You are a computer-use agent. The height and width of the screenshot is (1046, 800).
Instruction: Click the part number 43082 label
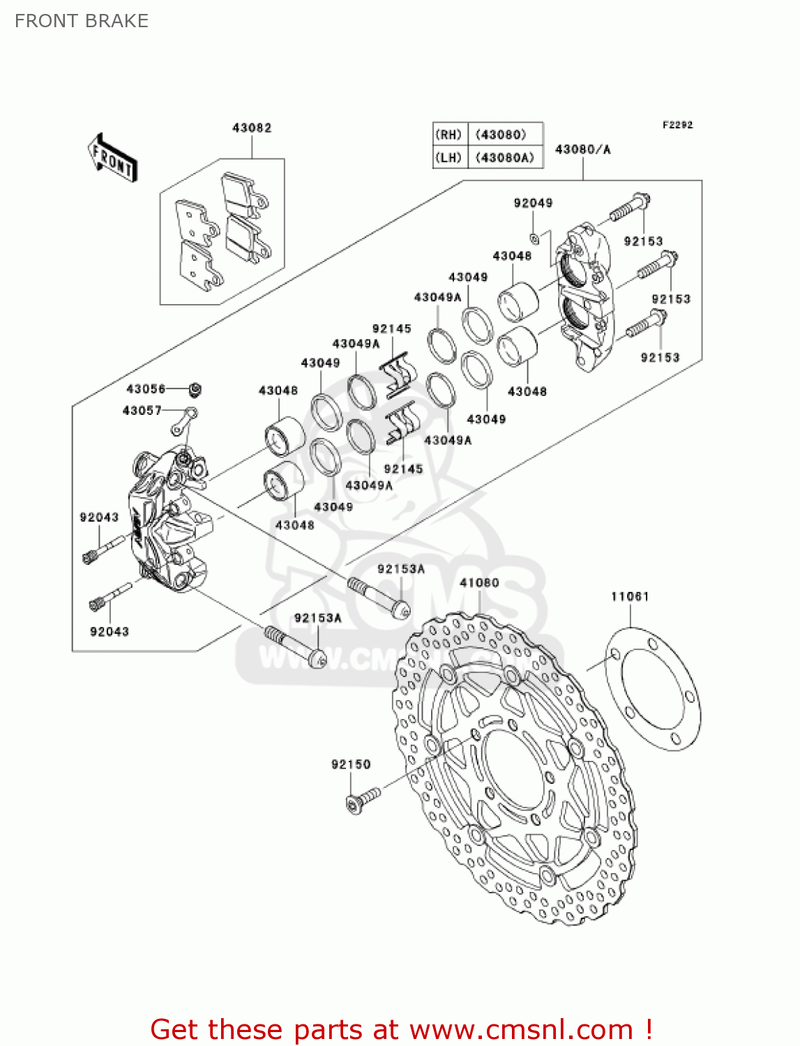(x=252, y=128)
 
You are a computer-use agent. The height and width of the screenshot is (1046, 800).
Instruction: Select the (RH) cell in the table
(x=448, y=135)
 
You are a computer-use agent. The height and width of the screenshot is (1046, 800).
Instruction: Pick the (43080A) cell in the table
(x=505, y=158)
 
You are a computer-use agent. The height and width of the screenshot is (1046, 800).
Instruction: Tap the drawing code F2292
(x=677, y=125)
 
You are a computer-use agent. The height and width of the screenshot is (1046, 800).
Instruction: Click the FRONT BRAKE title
(x=82, y=21)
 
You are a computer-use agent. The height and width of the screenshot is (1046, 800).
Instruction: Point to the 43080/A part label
(x=582, y=149)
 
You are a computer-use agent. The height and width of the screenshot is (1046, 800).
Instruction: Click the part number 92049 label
(x=533, y=203)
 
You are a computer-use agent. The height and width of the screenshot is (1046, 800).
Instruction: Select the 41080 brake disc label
(x=479, y=582)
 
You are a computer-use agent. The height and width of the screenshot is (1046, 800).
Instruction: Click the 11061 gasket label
(x=630, y=596)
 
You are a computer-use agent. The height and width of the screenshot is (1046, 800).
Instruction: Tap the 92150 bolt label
(x=351, y=764)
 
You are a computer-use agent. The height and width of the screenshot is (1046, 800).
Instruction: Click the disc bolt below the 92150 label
(x=363, y=800)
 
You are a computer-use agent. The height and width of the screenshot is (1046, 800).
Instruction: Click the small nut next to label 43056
(x=195, y=388)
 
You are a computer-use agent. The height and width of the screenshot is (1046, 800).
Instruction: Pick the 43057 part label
(x=142, y=411)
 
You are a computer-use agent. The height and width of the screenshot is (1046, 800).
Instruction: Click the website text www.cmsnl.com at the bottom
(x=520, y=1029)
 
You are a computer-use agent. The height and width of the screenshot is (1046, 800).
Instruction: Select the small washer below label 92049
(x=534, y=236)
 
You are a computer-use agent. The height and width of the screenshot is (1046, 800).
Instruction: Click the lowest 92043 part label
(x=110, y=631)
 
